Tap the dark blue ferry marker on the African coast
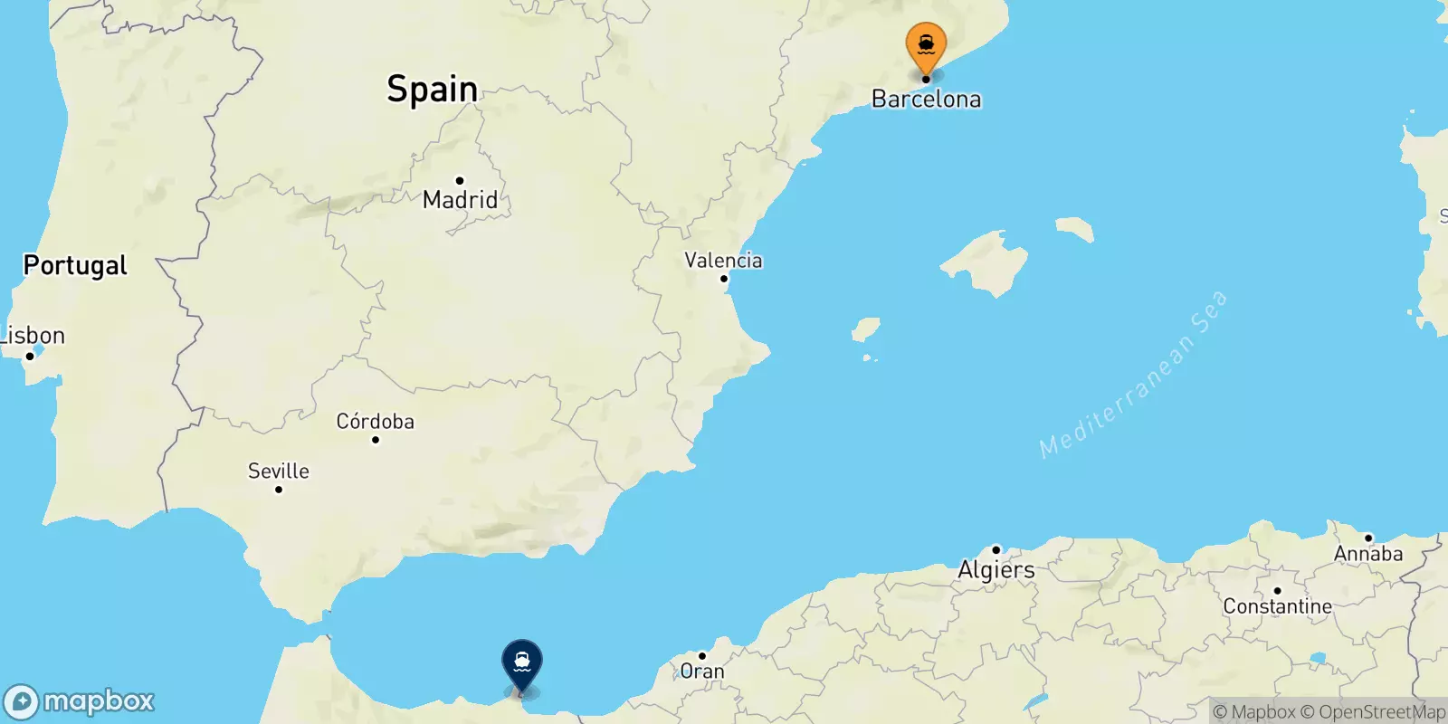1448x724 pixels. click(x=521, y=662)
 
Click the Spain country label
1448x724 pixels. click(x=433, y=89)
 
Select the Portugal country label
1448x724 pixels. click(x=75, y=265)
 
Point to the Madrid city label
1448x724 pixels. click(x=460, y=199)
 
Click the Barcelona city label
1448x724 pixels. click(x=926, y=99)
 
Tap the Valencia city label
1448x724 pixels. click(x=723, y=261)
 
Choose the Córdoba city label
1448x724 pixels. click(x=375, y=421)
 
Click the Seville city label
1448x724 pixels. click(x=278, y=471)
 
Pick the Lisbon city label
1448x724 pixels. click(x=33, y=336)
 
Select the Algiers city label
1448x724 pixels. click(x=995, y=569)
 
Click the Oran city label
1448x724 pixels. click(x=702, y=672)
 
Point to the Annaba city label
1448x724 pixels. click(x=1367, y=554)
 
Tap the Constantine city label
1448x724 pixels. click(x=1277, y=606)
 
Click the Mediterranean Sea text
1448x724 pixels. click(x=1133, y=374)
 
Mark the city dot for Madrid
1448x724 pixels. click(x=460, y=181)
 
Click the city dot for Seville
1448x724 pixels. click(x=279, y=490)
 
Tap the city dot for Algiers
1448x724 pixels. click(x=995, y=549)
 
